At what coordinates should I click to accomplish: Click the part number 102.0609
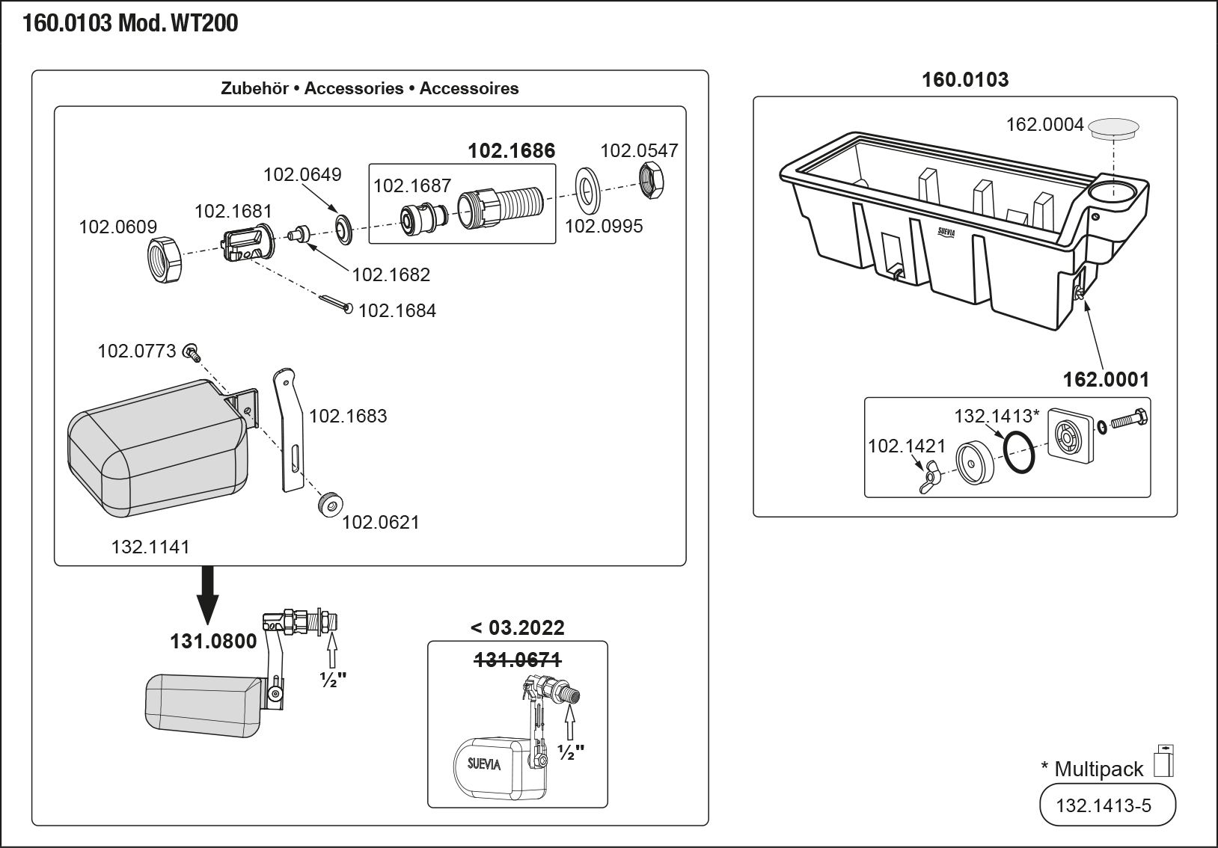[118, 227]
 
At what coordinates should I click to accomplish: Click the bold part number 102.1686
[512, 151]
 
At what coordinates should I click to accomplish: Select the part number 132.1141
[150, 547]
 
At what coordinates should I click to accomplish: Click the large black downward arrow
[208, 594]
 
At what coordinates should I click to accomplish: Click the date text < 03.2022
[517, 628]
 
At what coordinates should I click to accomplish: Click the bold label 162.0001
[1106, 380]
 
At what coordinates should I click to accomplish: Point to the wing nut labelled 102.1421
[930, 477]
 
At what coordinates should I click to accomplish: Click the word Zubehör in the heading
[254, 88]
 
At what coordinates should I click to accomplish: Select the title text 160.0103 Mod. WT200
[130, 24]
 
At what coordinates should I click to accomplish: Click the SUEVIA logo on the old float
[484, 764]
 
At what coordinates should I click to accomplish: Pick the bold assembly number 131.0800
[213, 641]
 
